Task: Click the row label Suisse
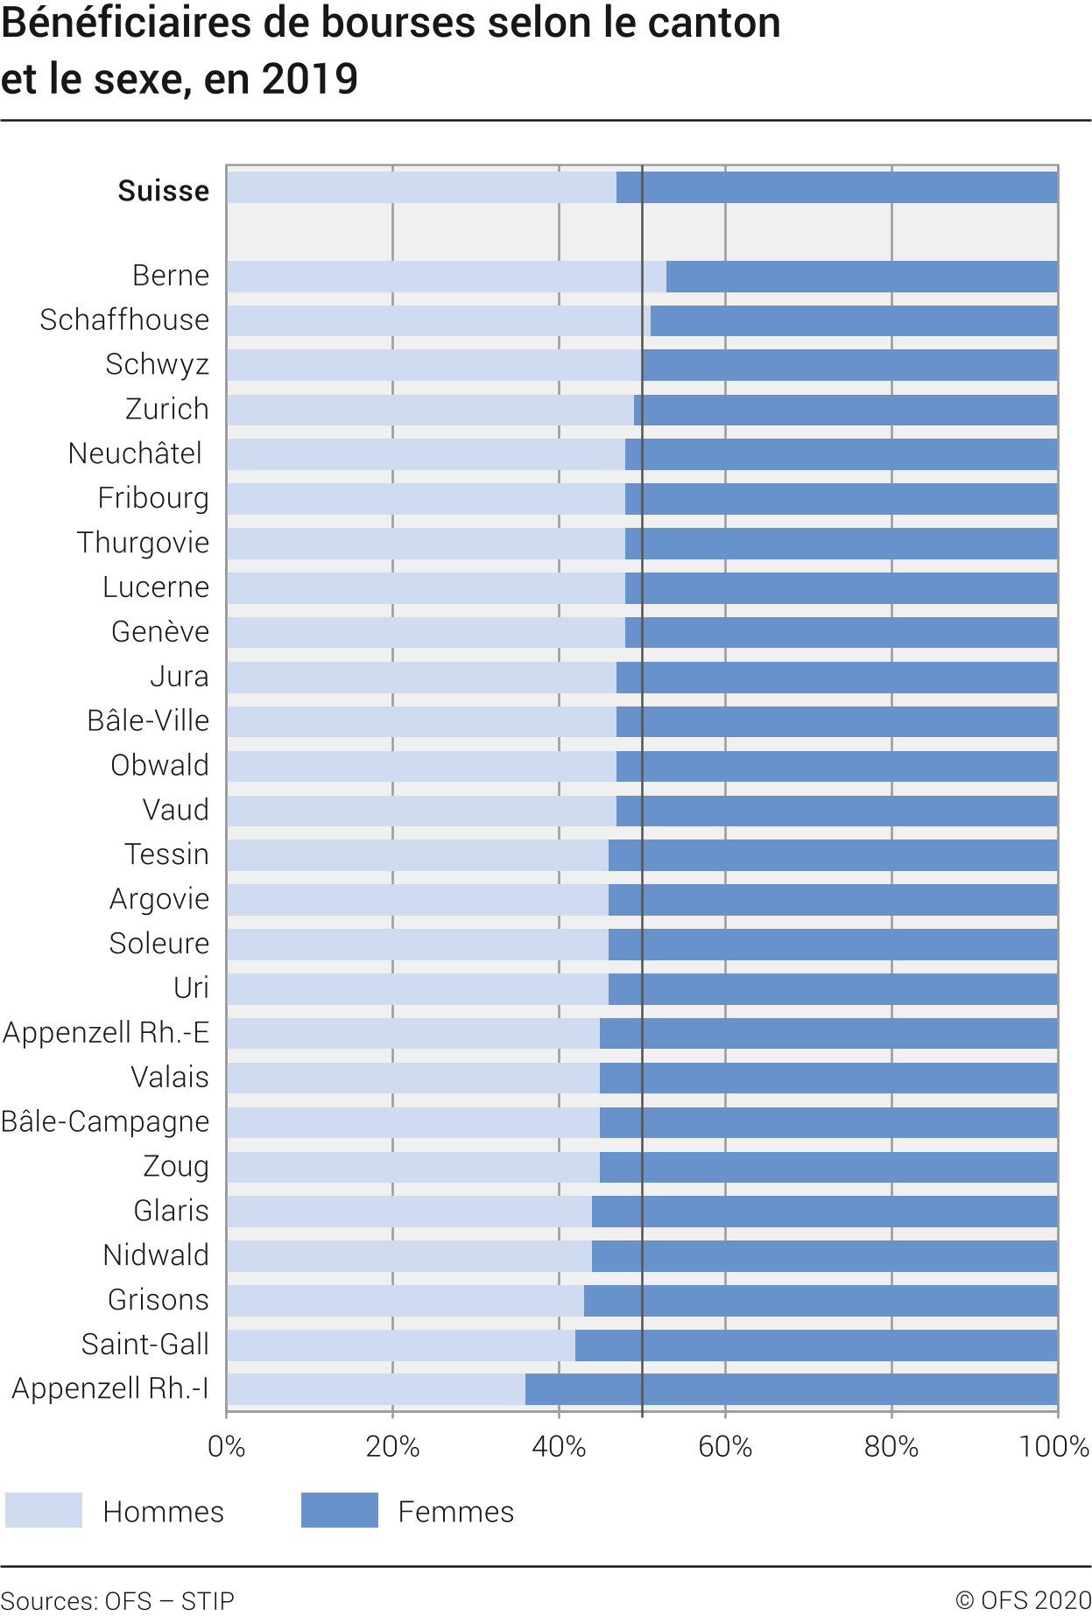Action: pyautogui.click(x=164, y=191)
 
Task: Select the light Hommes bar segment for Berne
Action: pyautogui.click(x=446, y=277)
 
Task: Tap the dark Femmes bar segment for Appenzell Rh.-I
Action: pyautogui.click(x=791, y=1389)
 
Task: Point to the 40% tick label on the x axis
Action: pyautogui.click(x=559, y=1446)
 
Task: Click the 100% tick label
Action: pyautogui.click(x=1053, y=1446)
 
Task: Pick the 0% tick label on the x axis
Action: pyautogui.click(x=226, y=1446)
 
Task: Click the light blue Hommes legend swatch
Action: pyautogui.click(x=44, y=1510)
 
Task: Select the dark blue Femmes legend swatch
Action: pyautogui.click(x=339, y=1510)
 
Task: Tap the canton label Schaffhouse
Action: pyautogui.click(x=124, y=320)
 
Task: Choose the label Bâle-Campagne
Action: pyautogui.click(x=105, y=1122)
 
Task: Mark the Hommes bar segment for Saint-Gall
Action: pyautogui.click(x=400, y=1345)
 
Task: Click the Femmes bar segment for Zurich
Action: pyautogui.click(x=845, y=410)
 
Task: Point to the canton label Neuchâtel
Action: pyautogui.click(x=135, y=453)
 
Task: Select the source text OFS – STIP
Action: pyautogui.click(x=170, y=1601)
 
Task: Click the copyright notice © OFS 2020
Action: pyautogui.click(x=1023, y=1600)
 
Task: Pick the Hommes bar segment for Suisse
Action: pyautogui.click(x=421, y=187)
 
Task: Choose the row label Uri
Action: pyautogui.click(x=191, y=988)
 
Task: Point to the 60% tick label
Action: pyautogui.click(x=725, y=1446)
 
